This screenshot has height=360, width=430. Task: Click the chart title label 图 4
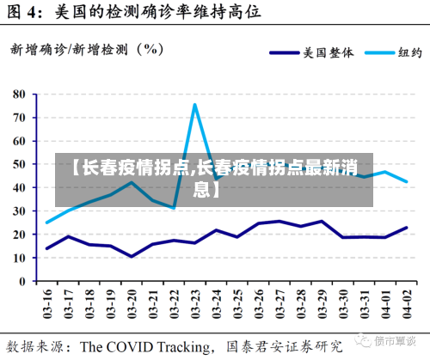(x=26, y=13)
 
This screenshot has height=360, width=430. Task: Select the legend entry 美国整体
(x=328, y=52)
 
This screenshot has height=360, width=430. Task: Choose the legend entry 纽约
(x=408, y=52)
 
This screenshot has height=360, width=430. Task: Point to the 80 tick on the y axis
(x=20, y=93)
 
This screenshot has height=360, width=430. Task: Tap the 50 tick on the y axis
(x=20, y=163)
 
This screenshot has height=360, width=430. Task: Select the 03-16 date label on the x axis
(x=47, y=302)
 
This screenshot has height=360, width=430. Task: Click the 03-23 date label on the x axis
(x=195, y=302)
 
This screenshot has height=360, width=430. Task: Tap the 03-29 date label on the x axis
(x=322, y=302)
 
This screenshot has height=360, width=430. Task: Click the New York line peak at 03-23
(x=195, y=105)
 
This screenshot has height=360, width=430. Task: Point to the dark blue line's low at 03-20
(x=132, y=256)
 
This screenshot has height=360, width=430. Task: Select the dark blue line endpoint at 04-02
(x=406, y=228)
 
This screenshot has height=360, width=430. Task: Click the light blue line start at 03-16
(x=47, y=223)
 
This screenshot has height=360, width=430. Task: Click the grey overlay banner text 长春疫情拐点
(x=129, y=168)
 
